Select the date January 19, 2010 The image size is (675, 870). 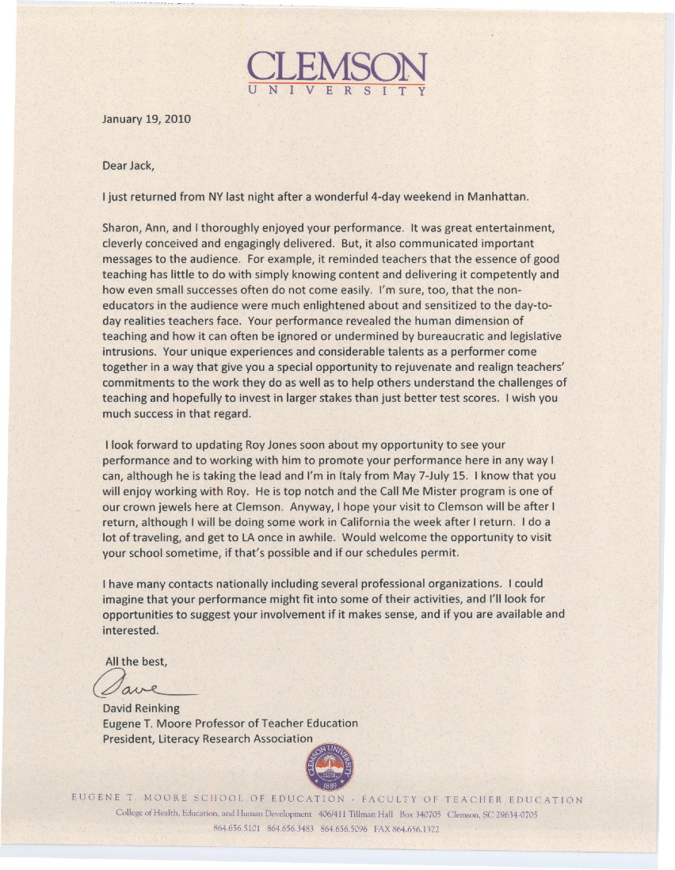147,120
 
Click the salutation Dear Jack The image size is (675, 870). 128,166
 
